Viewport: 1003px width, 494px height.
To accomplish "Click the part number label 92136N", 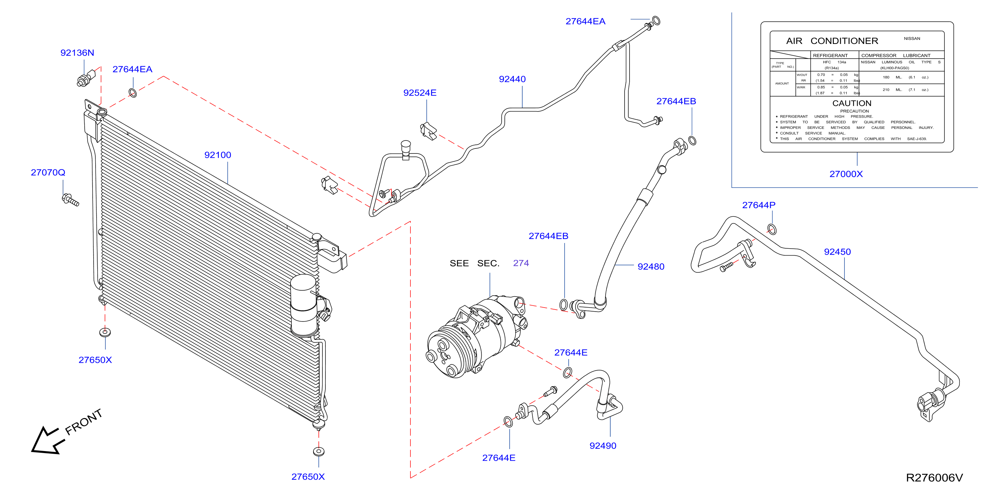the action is point(77,53).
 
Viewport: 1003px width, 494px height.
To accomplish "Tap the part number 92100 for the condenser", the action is point(218,155).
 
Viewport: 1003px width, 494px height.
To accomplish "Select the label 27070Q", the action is point(48,172).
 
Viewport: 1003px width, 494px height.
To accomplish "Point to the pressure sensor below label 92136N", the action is point(86,78).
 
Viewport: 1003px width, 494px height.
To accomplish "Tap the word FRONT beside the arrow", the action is point(83,422).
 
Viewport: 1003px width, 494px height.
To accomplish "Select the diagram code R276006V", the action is point(934,478).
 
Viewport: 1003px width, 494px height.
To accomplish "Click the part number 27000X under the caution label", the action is point(846,174).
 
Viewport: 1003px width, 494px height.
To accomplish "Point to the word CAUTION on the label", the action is point(851,103).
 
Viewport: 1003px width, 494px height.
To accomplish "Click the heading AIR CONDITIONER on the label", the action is point(832,41).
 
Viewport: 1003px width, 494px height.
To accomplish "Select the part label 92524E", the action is point(420,93).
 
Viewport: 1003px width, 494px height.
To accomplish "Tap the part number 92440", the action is point(512,79).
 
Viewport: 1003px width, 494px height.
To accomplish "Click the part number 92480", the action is point(651,266).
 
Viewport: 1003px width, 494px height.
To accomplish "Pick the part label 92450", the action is point(837,252).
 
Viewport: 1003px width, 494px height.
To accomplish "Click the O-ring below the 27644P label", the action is point(772,229).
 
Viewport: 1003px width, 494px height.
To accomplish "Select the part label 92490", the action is point(603,446).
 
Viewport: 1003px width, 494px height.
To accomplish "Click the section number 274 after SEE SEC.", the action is point(521,263).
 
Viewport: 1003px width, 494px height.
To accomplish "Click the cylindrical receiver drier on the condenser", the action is point(304,306).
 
